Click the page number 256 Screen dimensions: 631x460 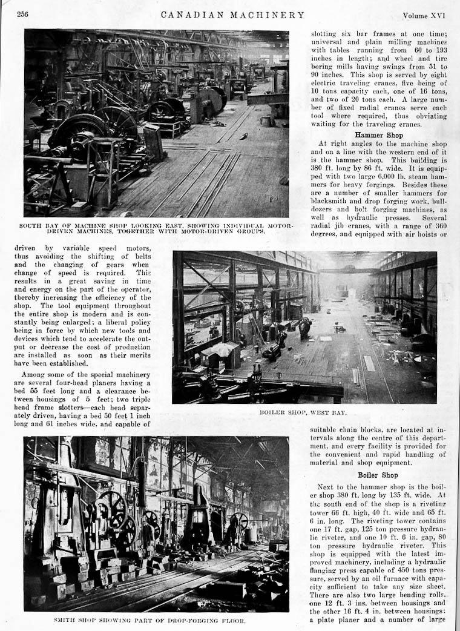point(23,14)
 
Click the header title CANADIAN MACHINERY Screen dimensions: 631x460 point(232,14)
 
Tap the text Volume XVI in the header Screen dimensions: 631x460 point(424,14)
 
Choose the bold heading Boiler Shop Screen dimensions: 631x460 point(377,475)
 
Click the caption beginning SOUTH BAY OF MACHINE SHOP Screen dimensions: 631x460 point(156,228)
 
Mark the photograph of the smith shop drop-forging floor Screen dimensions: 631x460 point(156,524)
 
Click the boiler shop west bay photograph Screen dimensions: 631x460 point(304,327)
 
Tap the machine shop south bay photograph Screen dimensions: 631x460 point(156,123)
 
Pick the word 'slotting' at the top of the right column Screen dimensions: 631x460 point(326,34)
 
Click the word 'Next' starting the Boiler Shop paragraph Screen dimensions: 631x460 point(328,486)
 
